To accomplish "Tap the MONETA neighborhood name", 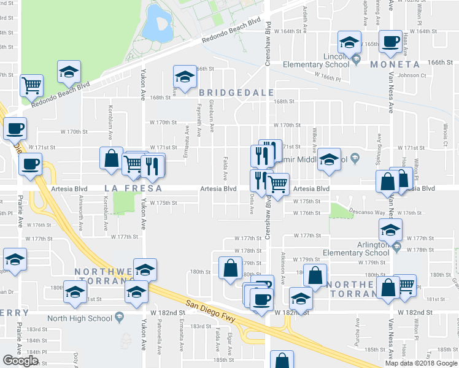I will point(395,64).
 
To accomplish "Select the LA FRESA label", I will point(125,188).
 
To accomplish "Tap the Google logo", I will point(20,361).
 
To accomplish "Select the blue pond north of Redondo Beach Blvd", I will point(157,23).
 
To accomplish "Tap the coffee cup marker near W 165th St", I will point(390,42).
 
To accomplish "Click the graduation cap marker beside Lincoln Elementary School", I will point(349,42).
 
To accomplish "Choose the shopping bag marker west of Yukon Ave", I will point(111,158).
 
